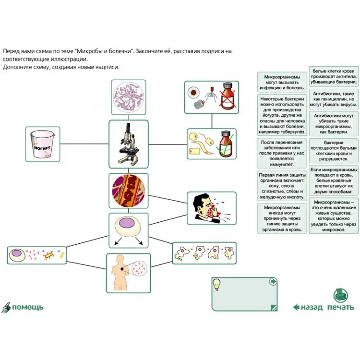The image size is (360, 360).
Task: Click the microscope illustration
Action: click(128, 144)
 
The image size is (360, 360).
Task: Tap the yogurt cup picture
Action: click(42, 144)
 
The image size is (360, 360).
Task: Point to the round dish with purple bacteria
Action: click(129, 97)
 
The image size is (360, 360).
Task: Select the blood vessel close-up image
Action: click(128, 191)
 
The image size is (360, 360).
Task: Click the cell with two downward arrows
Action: click(128, 229)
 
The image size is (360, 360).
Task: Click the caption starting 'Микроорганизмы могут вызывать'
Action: click(282, 82)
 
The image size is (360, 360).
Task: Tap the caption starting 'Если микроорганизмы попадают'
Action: click(334, 180)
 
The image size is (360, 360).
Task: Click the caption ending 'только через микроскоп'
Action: click(334, 216)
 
